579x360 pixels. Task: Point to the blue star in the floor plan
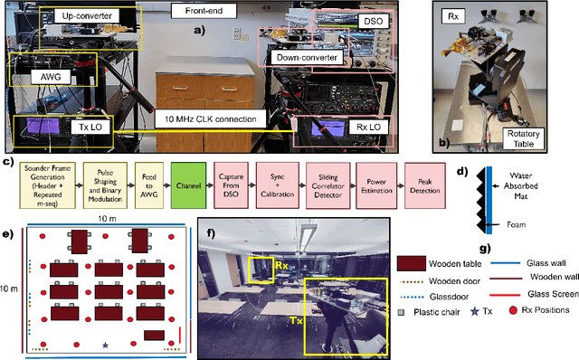pos(105,345)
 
